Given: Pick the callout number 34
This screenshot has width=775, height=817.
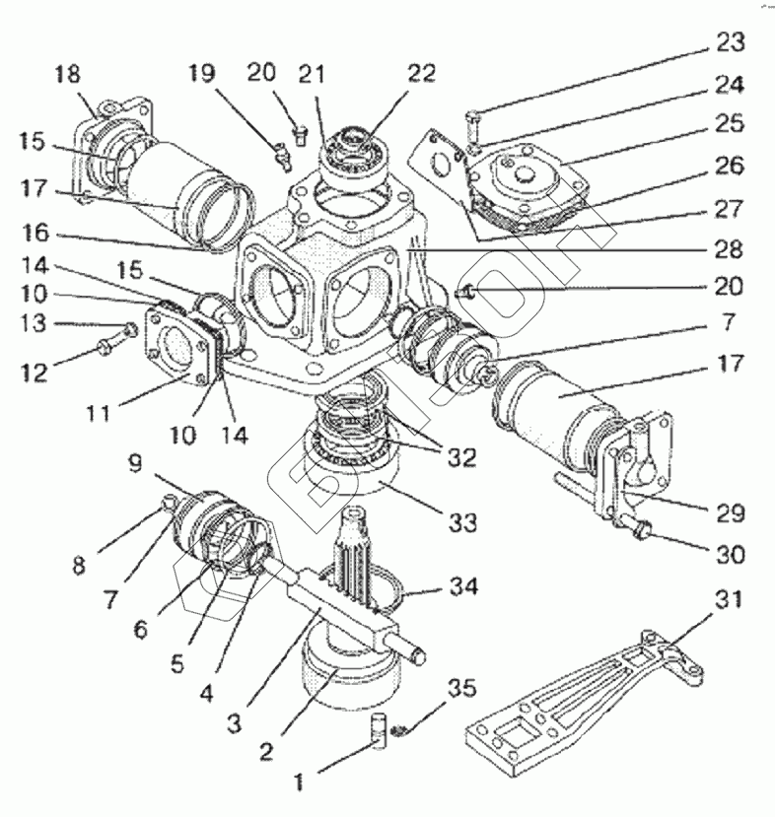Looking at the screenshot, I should click(x=462, y=588).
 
